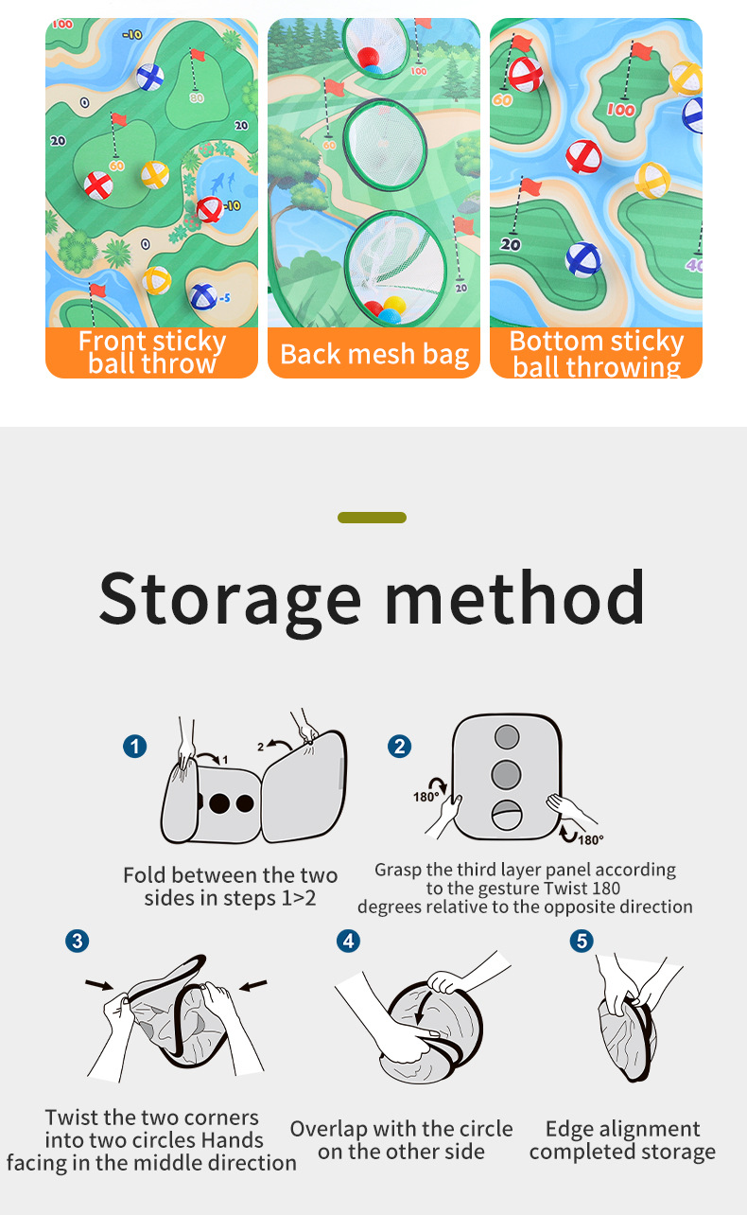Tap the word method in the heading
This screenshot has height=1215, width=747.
[515, 597]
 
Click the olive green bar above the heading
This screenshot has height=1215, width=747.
[372, 518]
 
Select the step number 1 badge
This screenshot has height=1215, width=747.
[134, 747]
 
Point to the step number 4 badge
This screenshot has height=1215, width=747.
[348, 942]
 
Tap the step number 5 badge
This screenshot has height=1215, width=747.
[582, 942]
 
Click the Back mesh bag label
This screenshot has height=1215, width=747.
[374, 355]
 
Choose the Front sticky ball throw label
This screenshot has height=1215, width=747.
[152, 353]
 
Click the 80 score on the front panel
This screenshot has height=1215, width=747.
[197, 97]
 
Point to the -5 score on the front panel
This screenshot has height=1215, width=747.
[224, 298]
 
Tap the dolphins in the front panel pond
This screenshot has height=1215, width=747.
[223, 183]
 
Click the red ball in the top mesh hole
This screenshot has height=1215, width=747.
[368, 57]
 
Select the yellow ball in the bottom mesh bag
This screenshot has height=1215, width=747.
[394, 305]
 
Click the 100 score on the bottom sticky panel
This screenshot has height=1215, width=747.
[620, 110]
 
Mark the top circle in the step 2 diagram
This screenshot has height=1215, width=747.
[507, 736]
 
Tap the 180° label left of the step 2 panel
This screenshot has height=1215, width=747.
[426, 797]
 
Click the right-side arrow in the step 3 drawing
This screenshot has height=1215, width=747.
[253, 985]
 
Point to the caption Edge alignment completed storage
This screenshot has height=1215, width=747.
[622, 1140]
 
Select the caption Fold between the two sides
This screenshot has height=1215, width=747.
[231, 887]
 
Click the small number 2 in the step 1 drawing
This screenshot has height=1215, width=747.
[260, 747]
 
